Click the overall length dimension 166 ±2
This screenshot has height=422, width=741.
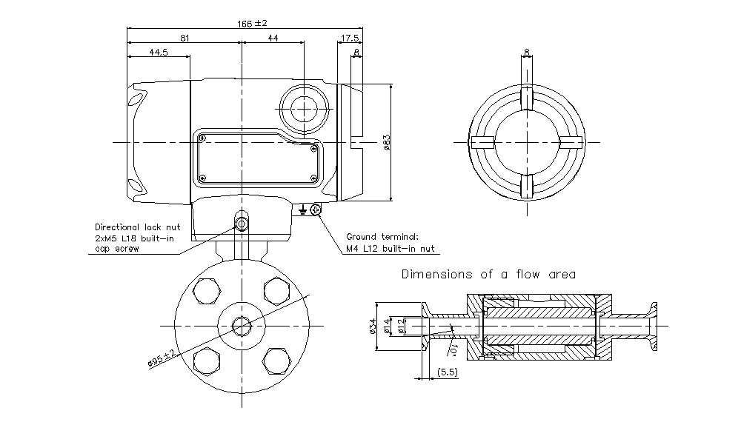[x=252, y=23]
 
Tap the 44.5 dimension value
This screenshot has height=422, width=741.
[x=158, y=52]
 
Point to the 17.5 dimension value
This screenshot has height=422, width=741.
[x=350, y=37]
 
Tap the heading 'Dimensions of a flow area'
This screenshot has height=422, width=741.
[x=488, y=274]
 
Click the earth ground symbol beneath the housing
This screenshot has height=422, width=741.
[x=302, y=211]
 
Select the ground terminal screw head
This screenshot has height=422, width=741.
[x=316, y=211]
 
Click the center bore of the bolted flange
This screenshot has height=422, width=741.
[x=242, y=325]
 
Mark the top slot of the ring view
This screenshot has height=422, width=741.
[x=527, y=97]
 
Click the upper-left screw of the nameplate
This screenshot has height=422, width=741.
[x=202, y=138]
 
